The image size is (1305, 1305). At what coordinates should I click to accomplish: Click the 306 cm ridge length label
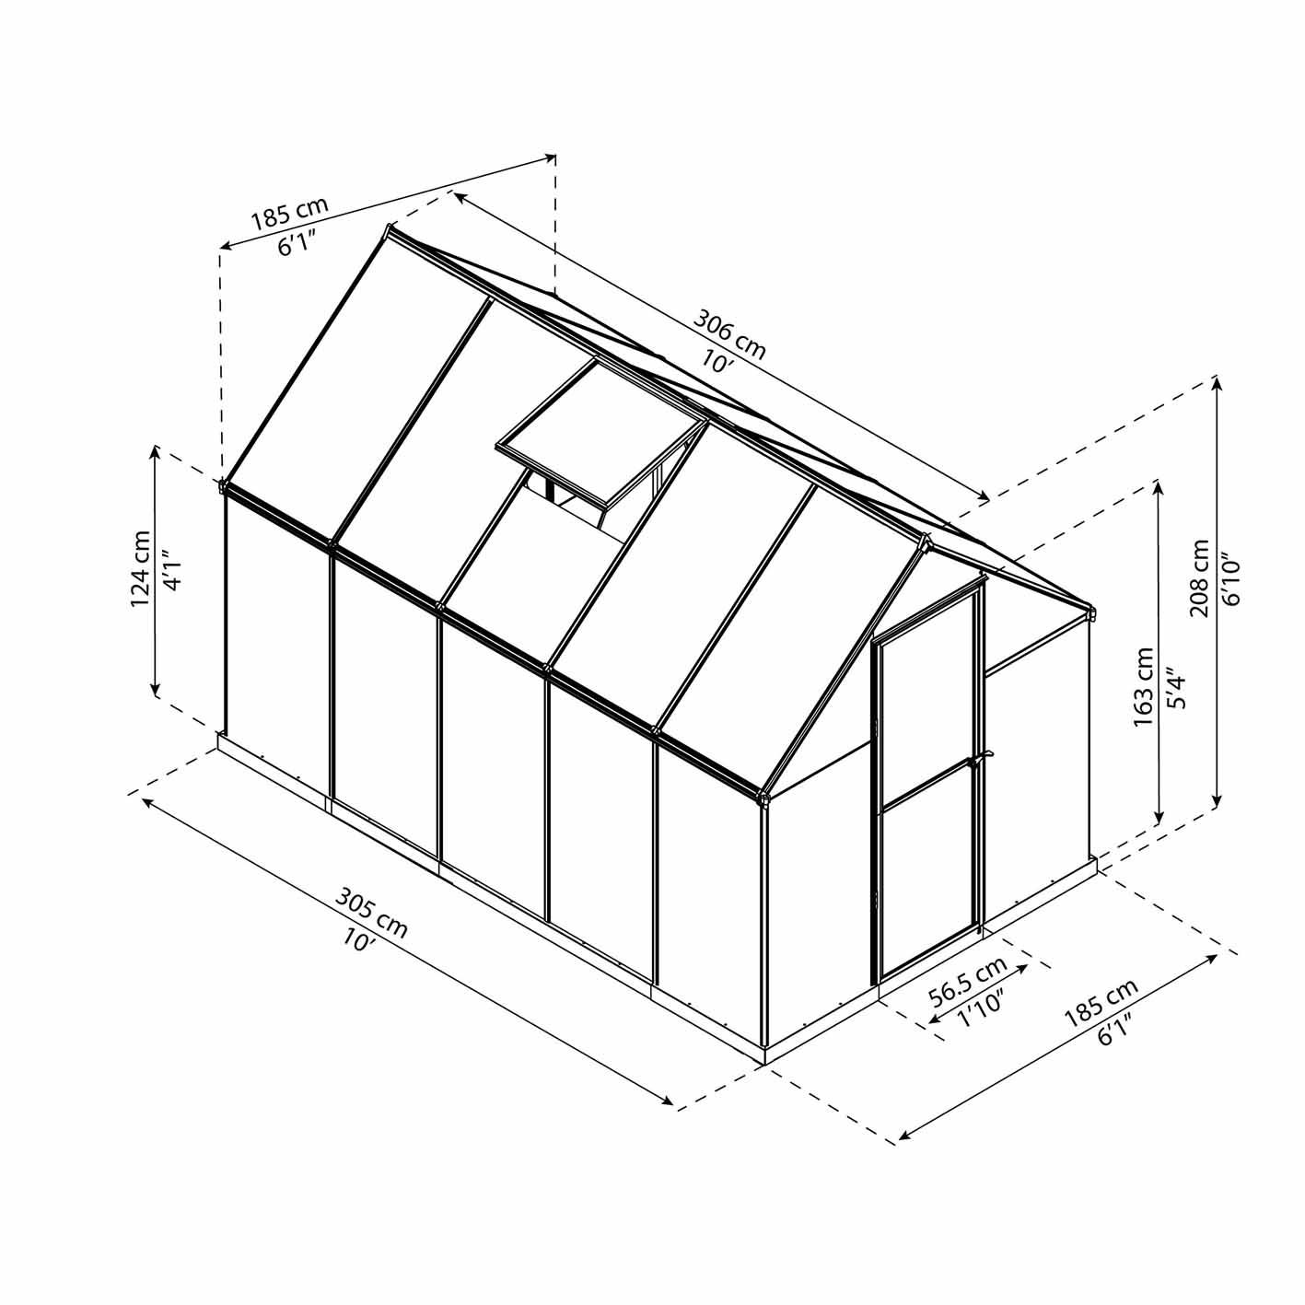729,334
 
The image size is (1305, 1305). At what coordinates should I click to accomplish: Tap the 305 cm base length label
371,912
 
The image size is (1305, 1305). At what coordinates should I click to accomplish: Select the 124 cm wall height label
141,569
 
